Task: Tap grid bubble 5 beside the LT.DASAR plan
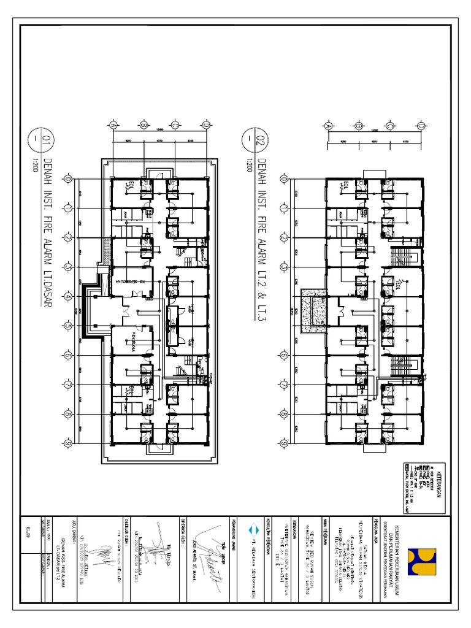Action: click(x=68, y=326)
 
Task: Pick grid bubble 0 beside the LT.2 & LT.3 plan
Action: click(x=283, y=179)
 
